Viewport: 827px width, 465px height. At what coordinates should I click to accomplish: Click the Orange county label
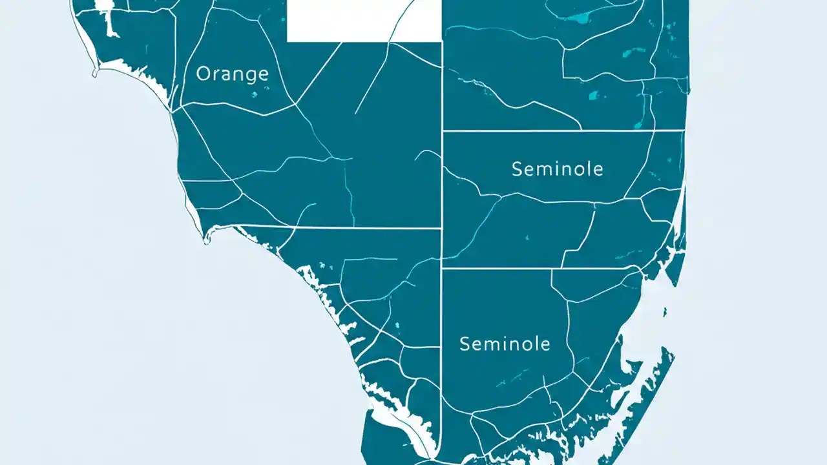coord(232,74)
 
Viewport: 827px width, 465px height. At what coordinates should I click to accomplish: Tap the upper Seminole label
coord(557,169)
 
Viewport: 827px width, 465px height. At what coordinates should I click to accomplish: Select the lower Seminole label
coord(505,344)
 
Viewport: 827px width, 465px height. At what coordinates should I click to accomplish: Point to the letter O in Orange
coord(204,74)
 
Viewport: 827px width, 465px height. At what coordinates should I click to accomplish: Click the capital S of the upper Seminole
coord(517,169)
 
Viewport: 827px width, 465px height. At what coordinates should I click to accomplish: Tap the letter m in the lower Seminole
coord(494,344)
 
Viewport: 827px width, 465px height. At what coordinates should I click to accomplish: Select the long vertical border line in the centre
coord(441,194)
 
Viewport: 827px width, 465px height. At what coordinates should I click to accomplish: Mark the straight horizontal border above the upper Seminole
coord(562,130)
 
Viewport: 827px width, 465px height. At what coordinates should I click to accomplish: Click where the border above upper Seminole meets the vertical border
coord(442,130)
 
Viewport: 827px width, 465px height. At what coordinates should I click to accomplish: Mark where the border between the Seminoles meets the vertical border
coord(442,267)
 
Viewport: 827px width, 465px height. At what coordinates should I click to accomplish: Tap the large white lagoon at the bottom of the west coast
coord(394,413)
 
